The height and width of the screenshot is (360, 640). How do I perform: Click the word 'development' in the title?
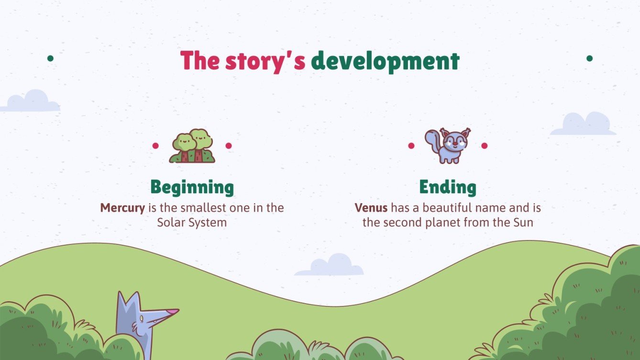385,62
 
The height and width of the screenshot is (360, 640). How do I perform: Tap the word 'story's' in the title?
265,62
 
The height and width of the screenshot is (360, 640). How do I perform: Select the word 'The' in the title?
199,61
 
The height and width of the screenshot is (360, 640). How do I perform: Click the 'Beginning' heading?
192,187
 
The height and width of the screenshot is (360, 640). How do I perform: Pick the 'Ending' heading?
448,187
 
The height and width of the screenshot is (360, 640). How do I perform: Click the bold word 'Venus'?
371,208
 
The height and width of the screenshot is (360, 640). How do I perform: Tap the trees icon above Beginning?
192,146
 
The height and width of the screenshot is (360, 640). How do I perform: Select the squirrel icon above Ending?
448,145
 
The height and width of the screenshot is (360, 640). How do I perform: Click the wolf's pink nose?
173,312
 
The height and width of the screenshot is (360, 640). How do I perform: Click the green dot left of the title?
50,58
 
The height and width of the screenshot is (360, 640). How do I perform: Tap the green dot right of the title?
589,58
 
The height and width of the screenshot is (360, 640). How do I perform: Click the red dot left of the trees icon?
155,145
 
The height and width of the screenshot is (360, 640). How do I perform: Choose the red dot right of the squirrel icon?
484,145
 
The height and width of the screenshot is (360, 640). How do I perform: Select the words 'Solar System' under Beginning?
192,222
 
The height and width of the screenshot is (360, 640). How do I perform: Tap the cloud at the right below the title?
583,125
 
